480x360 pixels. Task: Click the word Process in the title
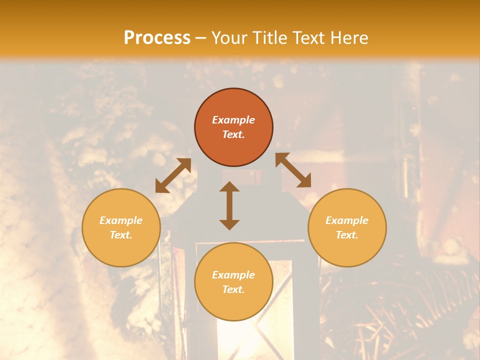[x=157, y=38]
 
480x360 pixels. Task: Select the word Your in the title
[x=227, y=38]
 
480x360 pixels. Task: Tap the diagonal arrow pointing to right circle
[x=293, y=170]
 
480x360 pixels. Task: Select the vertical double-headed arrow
[x=229, y=205]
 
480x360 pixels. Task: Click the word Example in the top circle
[x=233, y=120]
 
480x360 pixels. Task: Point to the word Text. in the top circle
[x=233, y=134]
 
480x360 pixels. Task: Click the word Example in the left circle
[x=121, y=220]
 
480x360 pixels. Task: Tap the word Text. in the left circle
[x=121, y=235]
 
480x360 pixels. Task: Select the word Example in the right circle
[x=347, y=220]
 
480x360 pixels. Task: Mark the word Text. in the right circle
[x=347, y=235]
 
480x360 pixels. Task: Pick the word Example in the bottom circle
[x=233, y=275]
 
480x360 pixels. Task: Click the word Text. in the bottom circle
[x=233, y=289]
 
